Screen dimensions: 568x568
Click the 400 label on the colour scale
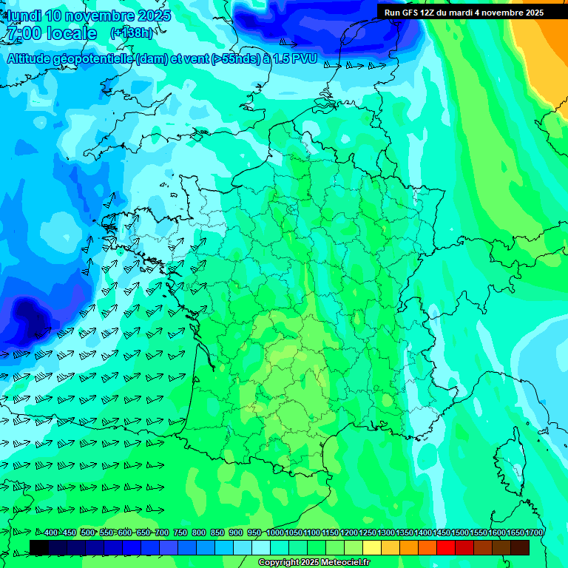pyautogui.click(x=51, y=532)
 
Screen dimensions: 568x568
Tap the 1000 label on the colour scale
pyautogui.click(x=274, y=532)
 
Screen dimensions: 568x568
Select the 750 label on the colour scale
pyautogui.click(x=180, y=532)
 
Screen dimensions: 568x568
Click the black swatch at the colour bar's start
pyautogui.click(x=39, y=547)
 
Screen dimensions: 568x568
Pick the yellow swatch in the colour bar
pyautogui.click(x=372, y=547)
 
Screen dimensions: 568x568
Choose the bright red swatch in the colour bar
pyautogui.click(x=446, y=547)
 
